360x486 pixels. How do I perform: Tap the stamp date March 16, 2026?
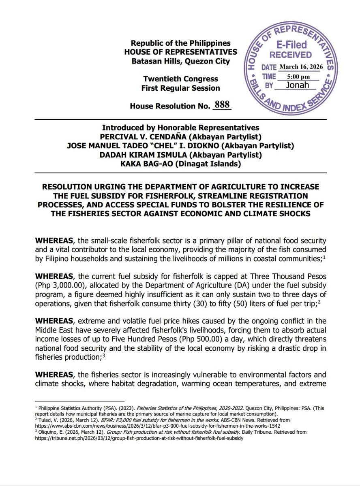coord(299,66)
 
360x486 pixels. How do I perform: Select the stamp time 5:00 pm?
coord(299,76)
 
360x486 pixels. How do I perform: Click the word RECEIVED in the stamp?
coord(291,55)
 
